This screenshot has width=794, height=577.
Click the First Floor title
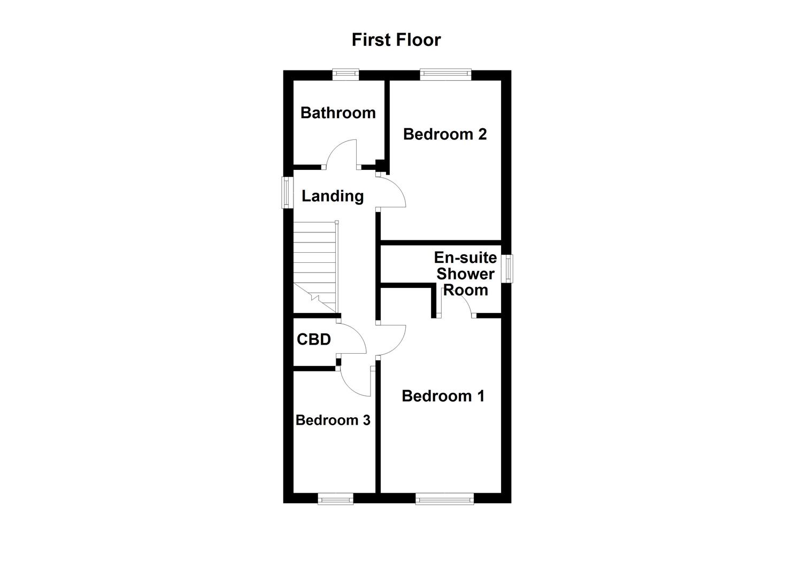point(396,40)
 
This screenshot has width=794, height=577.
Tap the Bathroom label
point(338,113)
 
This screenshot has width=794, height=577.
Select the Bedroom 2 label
point(445,134)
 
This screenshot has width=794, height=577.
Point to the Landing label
point(333,196)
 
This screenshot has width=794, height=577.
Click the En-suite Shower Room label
point(465,274)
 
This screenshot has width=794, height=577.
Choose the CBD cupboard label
point(314,339)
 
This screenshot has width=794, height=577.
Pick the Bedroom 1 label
point(443,396)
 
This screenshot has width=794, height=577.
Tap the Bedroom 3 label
point(333,420)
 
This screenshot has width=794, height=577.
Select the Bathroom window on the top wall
point(345,75)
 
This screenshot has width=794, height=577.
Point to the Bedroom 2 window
point(445,75)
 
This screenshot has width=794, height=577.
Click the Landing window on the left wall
point(288,192)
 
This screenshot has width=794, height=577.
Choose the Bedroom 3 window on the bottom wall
point(335,499)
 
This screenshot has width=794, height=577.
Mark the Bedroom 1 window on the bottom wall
point(445,499)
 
